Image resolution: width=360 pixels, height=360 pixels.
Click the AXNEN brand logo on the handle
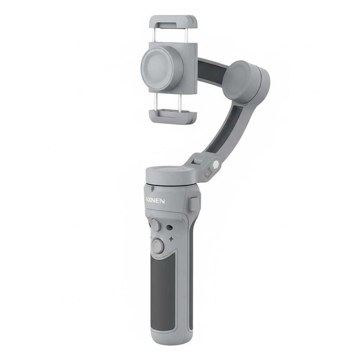point(155,201)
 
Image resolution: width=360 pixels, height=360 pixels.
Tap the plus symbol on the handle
point(171,239)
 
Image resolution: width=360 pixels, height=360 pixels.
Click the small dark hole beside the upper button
point(169,228)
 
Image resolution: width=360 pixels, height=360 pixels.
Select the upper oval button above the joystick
point(156,225)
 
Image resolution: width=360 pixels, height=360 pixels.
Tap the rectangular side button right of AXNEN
point(194,204)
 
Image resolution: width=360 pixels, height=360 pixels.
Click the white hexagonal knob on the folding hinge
point(216,165)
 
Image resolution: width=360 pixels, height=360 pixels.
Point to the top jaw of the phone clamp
point(174,22)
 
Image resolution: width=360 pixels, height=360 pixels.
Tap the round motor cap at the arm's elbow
point(239,80)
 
